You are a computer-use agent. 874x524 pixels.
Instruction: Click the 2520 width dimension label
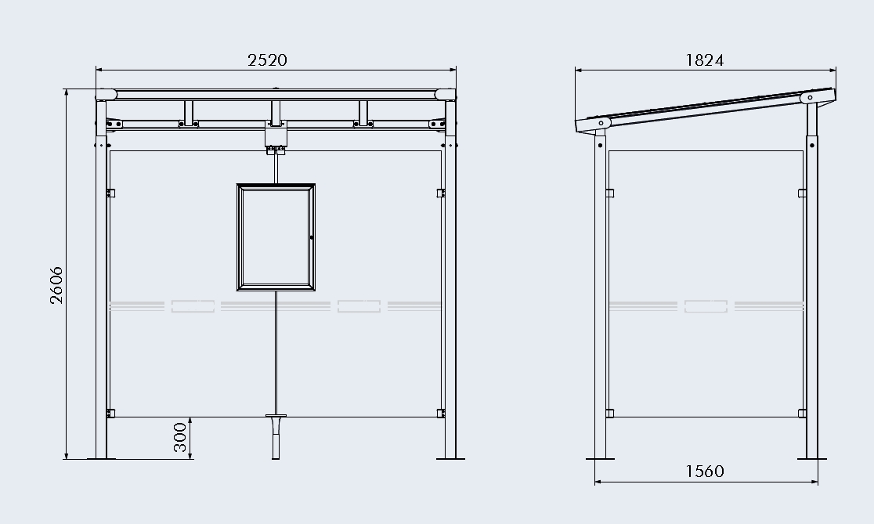click(x=267, y=60)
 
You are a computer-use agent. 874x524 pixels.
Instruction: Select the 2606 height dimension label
click(x=56, y=285)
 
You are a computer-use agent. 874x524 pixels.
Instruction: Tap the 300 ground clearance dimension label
click(x=179, y=438)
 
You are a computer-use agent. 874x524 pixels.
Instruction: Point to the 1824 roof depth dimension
click(x=705, y=60)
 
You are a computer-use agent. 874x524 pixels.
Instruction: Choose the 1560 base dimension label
click(x=705, y=471)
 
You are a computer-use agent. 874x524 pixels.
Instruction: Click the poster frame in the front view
click(x=276, y=237)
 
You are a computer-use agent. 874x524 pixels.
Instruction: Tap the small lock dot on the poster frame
click(x=311, y=237)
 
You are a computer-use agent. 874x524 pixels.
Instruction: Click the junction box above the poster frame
click(x=276, y=136)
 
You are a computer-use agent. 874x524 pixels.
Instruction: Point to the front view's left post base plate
click(x=102, y=459)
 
